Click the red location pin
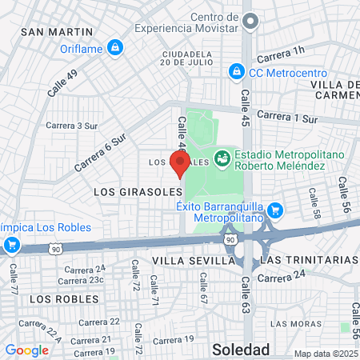[180, 163]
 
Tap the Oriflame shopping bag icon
[116, 47]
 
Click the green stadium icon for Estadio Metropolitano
[222, 159]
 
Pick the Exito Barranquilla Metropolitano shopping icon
[275, 210]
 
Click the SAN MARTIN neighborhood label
[53, 32]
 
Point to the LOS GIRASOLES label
[132, 193]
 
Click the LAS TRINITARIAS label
[308, 261]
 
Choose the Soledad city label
[241, 349]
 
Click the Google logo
[26, 350]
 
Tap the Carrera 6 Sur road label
[101, 152]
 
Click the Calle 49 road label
[62, 83]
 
